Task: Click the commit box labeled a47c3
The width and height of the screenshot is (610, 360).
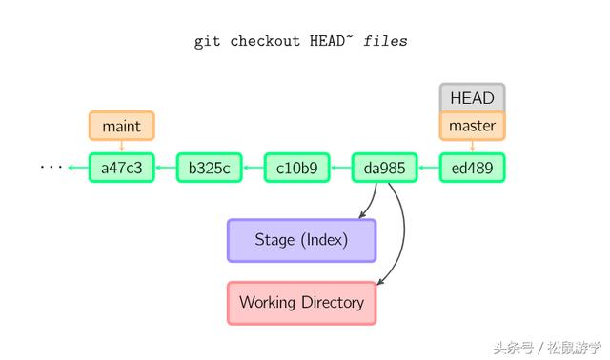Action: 121,168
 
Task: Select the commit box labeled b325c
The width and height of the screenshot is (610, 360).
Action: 209,168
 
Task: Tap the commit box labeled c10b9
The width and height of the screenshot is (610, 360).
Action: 296,168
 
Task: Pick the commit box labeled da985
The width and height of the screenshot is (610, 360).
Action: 384,168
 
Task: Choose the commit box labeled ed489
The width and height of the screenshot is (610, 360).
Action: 472,168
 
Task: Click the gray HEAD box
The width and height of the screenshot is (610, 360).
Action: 472,97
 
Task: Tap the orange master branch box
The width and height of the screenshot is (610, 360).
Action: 472,126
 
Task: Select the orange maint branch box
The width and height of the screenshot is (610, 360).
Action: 121,126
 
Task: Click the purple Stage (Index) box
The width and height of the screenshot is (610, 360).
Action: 301,240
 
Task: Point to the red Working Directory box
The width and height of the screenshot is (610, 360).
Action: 301,303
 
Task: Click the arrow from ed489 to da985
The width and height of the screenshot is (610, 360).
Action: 428,168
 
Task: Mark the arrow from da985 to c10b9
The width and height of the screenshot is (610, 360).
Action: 340,168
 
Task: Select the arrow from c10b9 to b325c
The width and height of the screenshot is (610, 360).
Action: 253,168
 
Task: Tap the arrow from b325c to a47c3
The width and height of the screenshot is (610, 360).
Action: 165,168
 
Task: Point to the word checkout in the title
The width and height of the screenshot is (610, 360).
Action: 267,42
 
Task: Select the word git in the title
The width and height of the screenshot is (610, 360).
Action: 208,42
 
